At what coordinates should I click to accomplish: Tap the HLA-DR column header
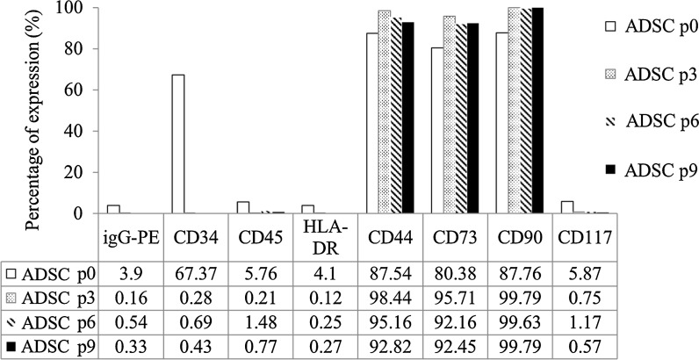point(321,234)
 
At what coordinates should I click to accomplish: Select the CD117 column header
point(582,234)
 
